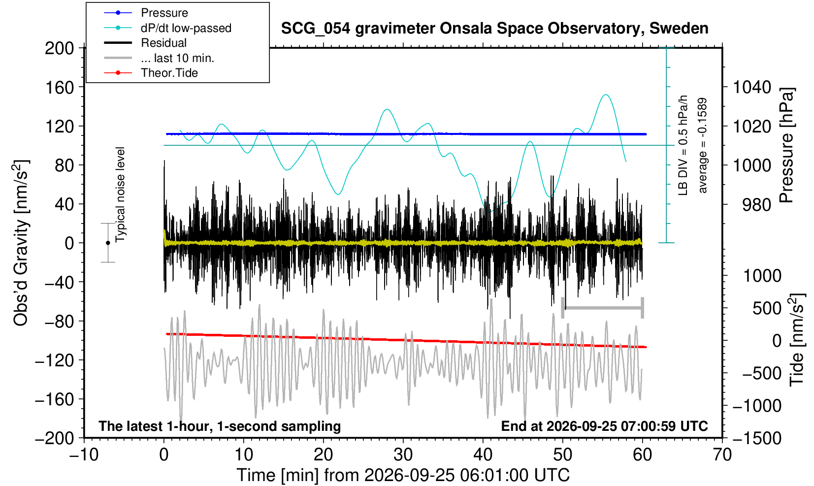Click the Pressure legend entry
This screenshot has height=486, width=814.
click(164, 13)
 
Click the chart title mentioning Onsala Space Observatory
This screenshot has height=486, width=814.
click(494, 28)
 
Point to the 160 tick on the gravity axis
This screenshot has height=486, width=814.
click(59, 87)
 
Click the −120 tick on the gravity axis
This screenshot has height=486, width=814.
click(54, 360)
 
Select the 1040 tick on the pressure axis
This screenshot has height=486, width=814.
click(752, 87)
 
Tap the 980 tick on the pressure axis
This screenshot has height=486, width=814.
click(756, 205)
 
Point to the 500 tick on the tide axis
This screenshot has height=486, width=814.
click(767, 308)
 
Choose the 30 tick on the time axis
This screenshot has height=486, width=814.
click(403, 454)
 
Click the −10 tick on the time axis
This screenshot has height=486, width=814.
click(84, 454)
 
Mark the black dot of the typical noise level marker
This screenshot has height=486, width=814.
click(108, 243)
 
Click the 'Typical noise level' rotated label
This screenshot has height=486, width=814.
click(120, 194)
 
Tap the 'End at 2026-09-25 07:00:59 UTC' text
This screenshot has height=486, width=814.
click(604, 426)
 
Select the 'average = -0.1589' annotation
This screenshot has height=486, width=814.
click(702, 145)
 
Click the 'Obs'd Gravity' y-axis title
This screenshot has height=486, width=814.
click(20, 243)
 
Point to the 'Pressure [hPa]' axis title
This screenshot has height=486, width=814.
click(786, 145)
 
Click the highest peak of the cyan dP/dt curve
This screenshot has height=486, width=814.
click(605, 95)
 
